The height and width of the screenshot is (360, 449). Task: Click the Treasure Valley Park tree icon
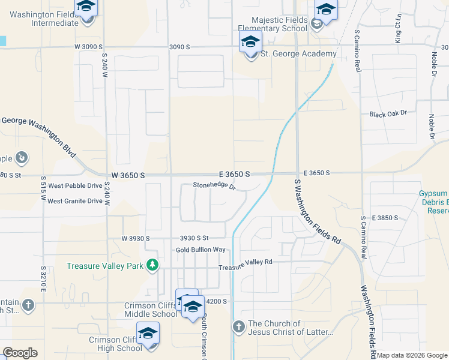coord(153,265)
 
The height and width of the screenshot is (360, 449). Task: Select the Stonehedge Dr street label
coord(214,185)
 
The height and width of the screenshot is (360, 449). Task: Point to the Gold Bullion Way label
coord(200,250)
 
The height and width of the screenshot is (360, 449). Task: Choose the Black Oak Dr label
coord(388,113)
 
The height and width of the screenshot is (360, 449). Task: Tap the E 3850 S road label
coord(385,217)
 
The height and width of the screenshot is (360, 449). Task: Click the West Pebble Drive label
coord(75,186)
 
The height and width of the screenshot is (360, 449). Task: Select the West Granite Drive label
coord(75,201)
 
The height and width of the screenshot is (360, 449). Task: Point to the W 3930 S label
coord(135,238)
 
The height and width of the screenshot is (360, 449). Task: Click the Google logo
coord(20,353)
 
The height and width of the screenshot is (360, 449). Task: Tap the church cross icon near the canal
coord(238,327)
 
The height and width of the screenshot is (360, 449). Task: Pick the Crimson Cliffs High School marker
coord(148,334)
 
